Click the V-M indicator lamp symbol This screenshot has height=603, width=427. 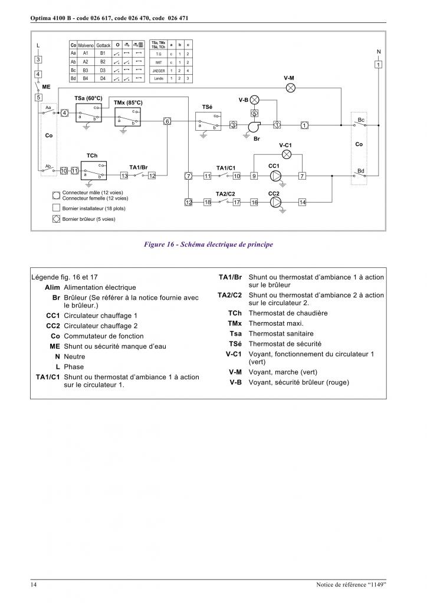pos(290,87)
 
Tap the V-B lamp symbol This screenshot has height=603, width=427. pos(255,100)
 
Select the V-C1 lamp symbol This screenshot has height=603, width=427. pos(286,154)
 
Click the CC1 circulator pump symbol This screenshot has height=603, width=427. pos(275,175)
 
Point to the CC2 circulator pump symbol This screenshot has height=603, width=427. pos(275,202)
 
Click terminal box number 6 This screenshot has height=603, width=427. pos(167,121)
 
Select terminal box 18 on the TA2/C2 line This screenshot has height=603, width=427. pos(208,202)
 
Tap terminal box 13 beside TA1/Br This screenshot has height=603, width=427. pos(124,175)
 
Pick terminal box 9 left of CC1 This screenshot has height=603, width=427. pos(254,175)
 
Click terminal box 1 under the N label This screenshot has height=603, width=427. pos(378,64)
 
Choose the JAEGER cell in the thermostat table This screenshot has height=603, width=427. pos(157,69)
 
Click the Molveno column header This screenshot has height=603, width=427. pos(86,45)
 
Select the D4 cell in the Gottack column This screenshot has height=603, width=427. pos(103,78)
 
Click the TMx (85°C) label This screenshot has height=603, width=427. pos(128,102)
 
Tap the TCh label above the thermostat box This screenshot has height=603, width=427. pos(92,155)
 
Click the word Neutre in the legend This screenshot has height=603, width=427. pos(74,356)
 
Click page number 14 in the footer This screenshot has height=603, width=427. pos(35,584)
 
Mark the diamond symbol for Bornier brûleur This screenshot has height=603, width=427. pos(56,219)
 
